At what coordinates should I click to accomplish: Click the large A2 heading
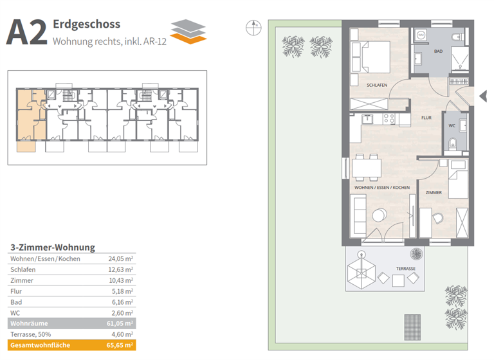click(x=26, y=33)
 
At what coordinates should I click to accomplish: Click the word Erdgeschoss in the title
click(x=87, y=25)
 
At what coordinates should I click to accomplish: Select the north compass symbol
click(x=253, y=27)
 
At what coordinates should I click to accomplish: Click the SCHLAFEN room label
click(x=377, y=85)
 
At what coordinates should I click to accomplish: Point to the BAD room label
click(x=439, y=51)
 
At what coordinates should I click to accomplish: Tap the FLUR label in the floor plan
click(x=426, y=118)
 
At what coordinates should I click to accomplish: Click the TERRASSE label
click(x=405, y=269)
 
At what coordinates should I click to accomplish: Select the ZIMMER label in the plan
click(x=434, y=192)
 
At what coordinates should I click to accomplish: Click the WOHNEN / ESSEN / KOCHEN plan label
click(x=382, y=187)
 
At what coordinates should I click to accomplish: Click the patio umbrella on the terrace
click(x=362, y=274)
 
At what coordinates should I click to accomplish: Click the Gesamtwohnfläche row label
click(x=39, y=345)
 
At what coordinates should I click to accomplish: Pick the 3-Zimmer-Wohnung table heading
click(x=53, y=247)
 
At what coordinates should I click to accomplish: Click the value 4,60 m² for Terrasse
click(x=122, y=334)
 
